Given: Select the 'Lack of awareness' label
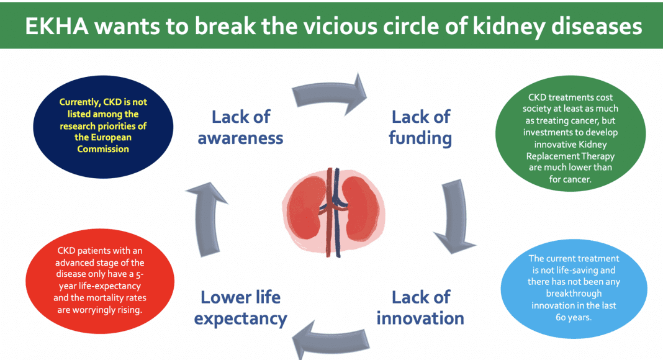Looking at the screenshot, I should [240, 127].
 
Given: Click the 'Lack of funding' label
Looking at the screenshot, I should [420, 127].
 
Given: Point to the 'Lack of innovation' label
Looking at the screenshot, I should [420, 308].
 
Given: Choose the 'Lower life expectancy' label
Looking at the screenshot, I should [240, 308].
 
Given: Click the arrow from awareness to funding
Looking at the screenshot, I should [329, 93].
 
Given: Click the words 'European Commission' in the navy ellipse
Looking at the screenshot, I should [103, 143].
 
